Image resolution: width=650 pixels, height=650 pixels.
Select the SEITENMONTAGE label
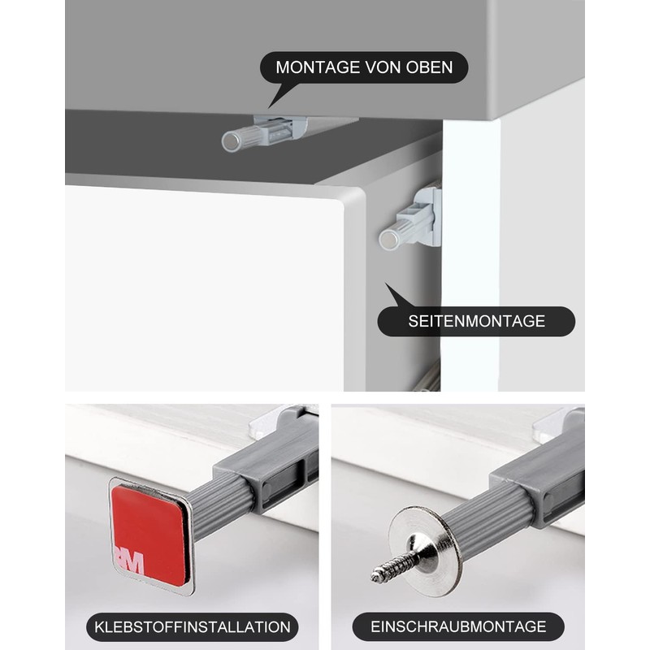click(x=476, y=322)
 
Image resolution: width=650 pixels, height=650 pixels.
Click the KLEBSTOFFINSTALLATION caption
click(x=193, y=626)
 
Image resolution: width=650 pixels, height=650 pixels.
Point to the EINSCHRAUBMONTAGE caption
click(x=458, y=626)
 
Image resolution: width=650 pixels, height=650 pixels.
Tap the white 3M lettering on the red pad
click(x=130, y=561)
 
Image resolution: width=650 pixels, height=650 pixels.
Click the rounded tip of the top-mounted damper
click(x=232, y=142)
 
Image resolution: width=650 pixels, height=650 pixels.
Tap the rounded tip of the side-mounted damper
click(x=389, y=239)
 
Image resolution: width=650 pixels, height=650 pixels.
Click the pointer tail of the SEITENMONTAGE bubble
click(x=395, y=294)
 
